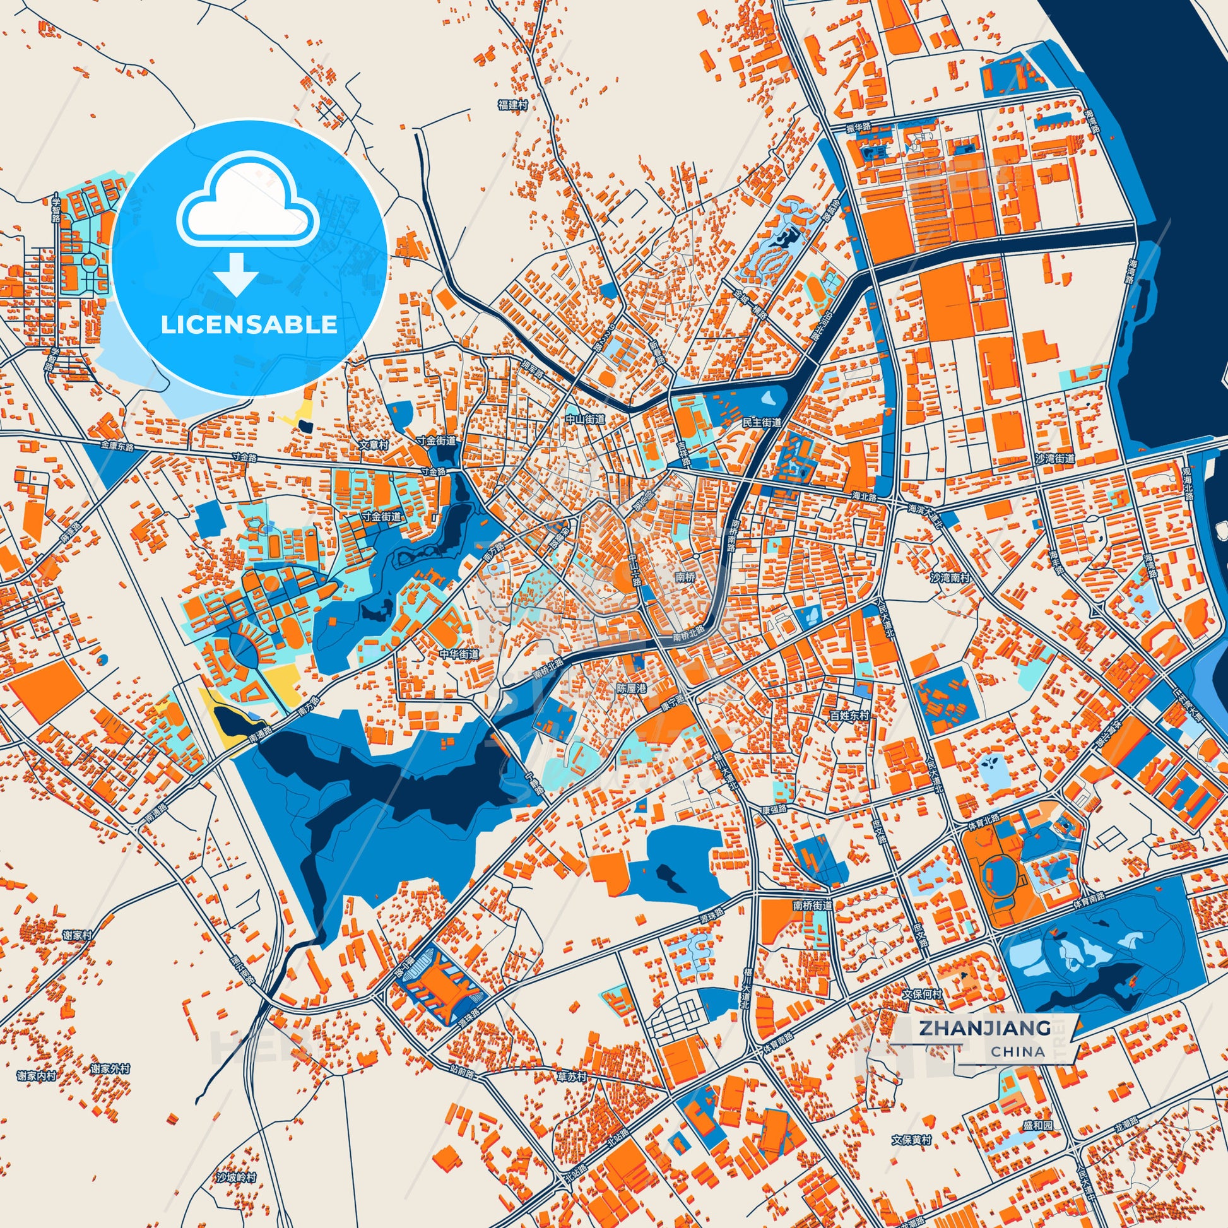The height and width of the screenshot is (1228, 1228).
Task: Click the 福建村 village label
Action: coord(513,105)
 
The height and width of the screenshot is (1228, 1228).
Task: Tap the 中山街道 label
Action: coord(586,420)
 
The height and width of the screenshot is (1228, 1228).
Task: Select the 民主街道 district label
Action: coord(762,422)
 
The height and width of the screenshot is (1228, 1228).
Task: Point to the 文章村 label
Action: coord(374,446)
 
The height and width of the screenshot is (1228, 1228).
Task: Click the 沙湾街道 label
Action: coord(1054,458)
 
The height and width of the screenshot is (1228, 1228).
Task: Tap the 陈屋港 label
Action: coord(631,688)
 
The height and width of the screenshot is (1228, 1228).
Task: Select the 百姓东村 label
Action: coord(849,716)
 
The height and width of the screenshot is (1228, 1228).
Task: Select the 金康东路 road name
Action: coord(117,447)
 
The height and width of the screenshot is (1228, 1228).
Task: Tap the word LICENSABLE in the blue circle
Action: coord(249,325)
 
